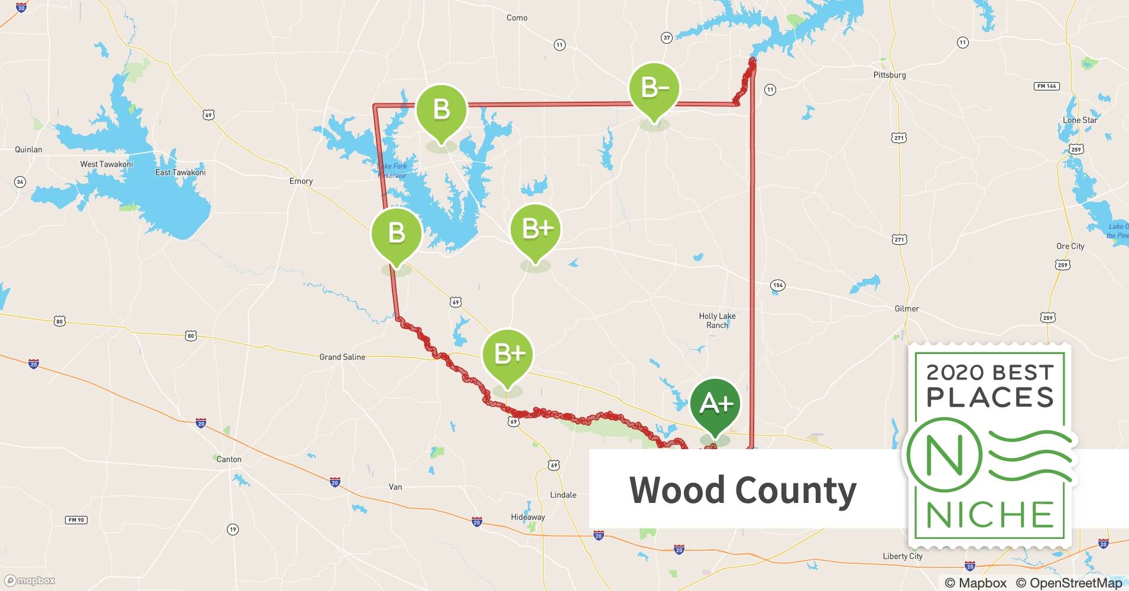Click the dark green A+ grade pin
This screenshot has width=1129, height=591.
(x=715, y=405)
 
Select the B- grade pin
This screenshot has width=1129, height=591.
(x=654, y=89)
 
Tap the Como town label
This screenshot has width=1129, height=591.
(x=517, y=18)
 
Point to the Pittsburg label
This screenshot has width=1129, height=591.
(x=889, y=75)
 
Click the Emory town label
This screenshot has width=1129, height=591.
(x=301, y=181)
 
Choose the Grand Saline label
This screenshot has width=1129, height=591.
(x=342, y=357)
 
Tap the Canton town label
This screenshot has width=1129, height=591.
(x=229, y=459)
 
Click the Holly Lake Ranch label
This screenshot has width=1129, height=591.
(x=717, y=320)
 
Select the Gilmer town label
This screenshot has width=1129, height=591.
(x=907, y=309)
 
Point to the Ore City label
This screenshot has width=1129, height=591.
(x=1070, y=246)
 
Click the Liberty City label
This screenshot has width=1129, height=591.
(x=902, y=556)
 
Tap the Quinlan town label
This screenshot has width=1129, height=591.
(x=28, y=150)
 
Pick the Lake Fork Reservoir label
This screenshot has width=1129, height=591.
(x=392, y=171)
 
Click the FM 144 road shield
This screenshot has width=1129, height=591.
(x=1046, y=86)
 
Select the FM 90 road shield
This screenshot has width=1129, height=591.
(x=76, y=520)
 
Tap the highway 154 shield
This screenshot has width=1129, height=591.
(x=778, y=285)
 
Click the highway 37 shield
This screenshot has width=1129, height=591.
(x=667, y=38)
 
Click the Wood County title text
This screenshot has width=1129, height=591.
(x=742, y=490)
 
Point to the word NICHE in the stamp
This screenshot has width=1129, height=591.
(x=990, y=515)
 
